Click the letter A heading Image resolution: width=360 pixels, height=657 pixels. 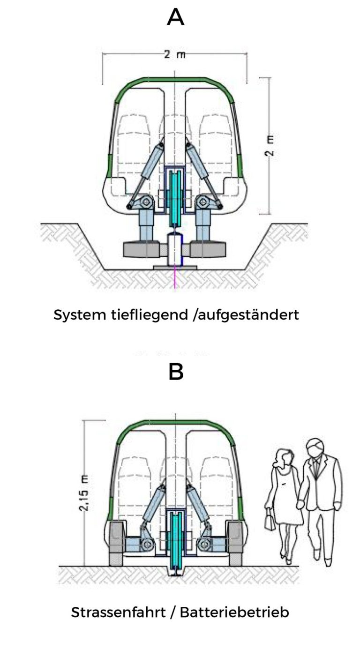(175, 18)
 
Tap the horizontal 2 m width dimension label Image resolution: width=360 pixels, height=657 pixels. (174, 54)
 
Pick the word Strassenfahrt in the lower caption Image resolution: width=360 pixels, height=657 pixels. (112, 612)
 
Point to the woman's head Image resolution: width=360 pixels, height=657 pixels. (285, 457)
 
